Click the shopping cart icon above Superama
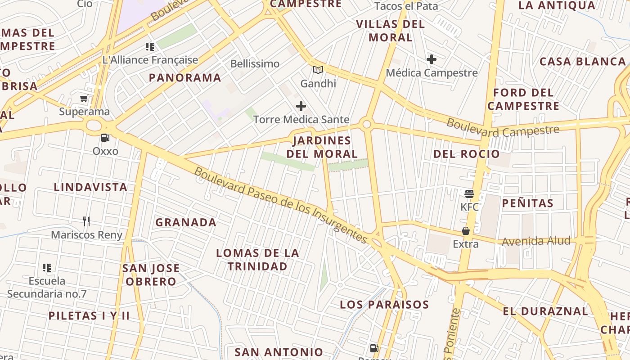(x=84, y=99)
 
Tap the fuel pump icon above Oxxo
(x=105, y=138)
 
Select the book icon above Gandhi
(x=318, y=70)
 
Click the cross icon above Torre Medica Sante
(x=301, y=107)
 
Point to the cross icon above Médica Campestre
(x=432, y=59)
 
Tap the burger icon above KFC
(x=469, y=194)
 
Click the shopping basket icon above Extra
(x=466, y=231)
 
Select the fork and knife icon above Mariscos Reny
(x=86, y=221)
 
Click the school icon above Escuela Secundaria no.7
(x=47, y=268)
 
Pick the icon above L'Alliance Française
(x=150, y=47)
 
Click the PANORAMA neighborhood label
(x=185, y=78)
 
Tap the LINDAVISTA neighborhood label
(x=90, y=187)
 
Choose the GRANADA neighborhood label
(x=186, y=222)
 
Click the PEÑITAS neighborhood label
(x=527, y=203)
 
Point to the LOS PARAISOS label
(x=384, y=305)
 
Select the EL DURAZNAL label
(x=545, y=311)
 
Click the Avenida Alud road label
(x=536, y=241)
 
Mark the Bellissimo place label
(x=255, y=64)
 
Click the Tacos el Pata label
(x=406, y=6)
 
